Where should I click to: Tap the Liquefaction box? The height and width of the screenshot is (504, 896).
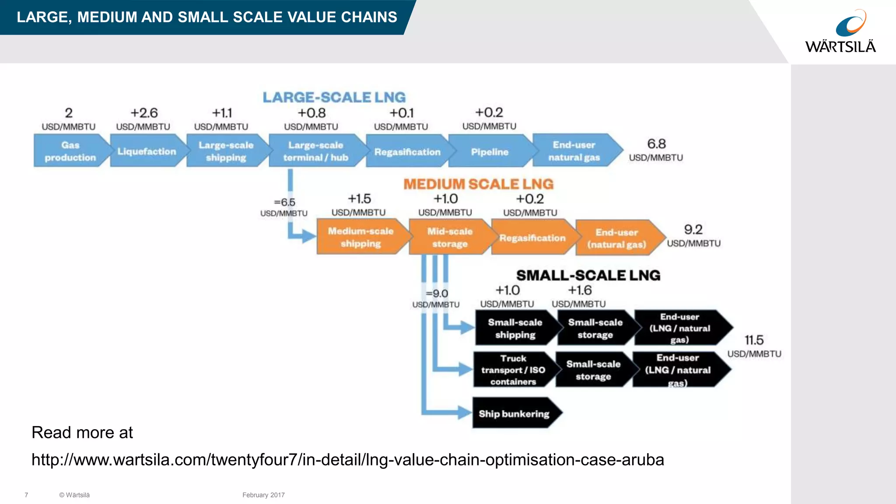point(147,151)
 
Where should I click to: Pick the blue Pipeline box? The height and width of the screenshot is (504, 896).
point(490,152)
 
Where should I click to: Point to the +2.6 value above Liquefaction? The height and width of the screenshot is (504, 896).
point(144,113)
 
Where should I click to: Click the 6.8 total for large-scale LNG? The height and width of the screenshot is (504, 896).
point(656,144)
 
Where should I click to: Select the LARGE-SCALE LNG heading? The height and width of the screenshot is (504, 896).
point(334,97)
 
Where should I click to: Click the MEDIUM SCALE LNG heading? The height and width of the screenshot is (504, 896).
point(478,184)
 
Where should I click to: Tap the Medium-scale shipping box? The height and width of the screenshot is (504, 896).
point(361,237)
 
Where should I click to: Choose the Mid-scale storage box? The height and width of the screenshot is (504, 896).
point(450,237)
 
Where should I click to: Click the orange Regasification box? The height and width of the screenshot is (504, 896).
point(532,238)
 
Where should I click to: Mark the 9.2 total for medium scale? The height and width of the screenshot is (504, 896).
point(693,230)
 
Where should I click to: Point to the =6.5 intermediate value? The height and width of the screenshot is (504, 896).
point(285,202)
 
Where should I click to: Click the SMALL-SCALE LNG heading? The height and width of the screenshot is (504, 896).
point(588,275)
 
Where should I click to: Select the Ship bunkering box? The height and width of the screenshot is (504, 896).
point(514,413)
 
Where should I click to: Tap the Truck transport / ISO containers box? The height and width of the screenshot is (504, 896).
point(513,370)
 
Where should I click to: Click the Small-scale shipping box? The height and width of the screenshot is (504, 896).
point(515,328)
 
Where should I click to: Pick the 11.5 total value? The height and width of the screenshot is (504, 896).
point(754,340)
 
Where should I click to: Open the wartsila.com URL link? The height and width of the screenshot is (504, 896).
point(348,460)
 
